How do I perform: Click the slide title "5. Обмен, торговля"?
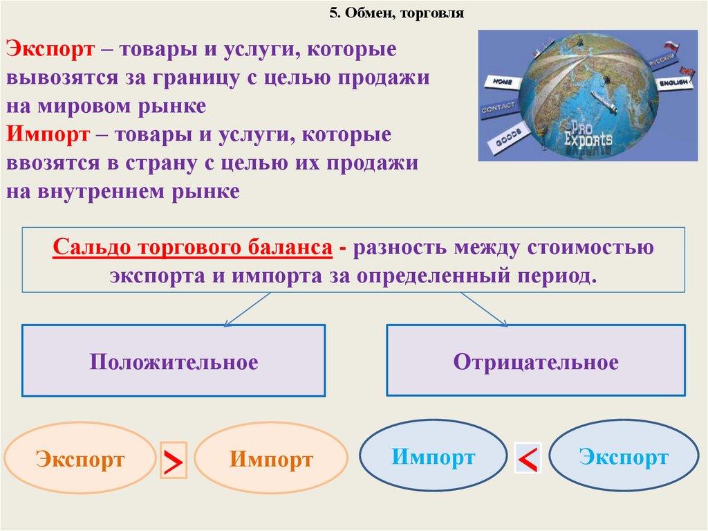(x=396, y=13)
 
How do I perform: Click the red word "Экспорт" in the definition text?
(x=50, y=49)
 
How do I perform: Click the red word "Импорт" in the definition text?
(x=48, y=134)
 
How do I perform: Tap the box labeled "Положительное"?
(x=174, y=361)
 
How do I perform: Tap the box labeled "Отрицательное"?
(x=536, y=361)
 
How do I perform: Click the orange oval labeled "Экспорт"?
(x=80, y=458)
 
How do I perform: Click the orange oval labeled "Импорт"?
(x=271, y=458)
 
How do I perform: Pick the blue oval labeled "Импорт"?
(x=433, y=456)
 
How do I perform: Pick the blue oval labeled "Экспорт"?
(x=624, y=456)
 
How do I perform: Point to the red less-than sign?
(x=528, y=458)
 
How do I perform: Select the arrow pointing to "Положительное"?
(x=248, y=309)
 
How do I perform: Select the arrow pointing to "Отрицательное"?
(x=484, y=309)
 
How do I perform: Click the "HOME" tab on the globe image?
(x=501, y=83)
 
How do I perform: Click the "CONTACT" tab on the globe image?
(x=499, y=108)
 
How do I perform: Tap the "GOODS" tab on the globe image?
(x=507, y=138)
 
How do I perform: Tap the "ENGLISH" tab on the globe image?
(x=674, y=82)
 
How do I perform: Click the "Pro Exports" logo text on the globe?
(x=588, y=134)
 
